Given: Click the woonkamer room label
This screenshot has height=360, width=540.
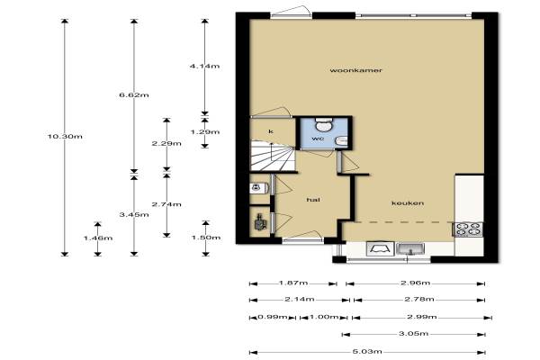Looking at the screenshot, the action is [355, 70].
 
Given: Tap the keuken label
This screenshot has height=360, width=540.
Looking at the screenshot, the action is [408, 202].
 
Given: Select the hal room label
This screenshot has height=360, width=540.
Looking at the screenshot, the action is [313, 200].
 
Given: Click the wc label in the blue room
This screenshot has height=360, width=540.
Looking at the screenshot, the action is [318, 139].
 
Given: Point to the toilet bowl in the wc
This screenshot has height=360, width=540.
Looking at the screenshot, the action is [324, 125].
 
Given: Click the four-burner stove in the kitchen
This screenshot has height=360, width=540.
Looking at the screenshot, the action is [467, 229].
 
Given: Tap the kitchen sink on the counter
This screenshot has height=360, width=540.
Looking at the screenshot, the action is [410, 248].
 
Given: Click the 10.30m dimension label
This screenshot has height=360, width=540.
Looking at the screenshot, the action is [65, 137].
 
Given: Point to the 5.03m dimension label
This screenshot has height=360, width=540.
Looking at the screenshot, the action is [367, 352].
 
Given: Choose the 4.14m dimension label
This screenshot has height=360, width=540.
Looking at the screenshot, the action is [204, 66].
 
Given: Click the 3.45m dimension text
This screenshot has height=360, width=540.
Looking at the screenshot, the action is [134, 214].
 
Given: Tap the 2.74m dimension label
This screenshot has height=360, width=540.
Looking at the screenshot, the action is [166, 204].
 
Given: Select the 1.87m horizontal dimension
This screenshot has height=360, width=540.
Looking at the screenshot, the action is [293, 283].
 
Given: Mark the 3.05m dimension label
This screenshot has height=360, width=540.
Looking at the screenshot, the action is [414, 334].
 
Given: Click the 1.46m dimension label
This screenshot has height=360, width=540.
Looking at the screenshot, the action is [98, 238].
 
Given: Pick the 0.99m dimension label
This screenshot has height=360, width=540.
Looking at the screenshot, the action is [273, 317].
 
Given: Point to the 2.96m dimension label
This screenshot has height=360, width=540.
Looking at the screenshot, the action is [415, 283].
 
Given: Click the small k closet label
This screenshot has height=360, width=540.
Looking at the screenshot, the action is [271, 131].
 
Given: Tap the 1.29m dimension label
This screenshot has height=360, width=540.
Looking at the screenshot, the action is [205, 132].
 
